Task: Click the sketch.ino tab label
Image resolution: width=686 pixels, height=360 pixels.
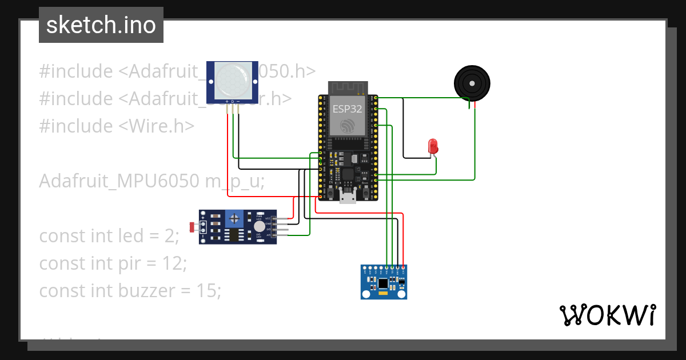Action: [101, 25]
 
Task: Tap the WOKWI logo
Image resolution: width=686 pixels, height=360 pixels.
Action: [607, 315]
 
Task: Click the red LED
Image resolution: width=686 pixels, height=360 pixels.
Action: [433, 146]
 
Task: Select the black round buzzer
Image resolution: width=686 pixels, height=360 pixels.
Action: [472, 83]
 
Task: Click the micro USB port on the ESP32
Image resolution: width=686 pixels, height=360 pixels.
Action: [347, 197]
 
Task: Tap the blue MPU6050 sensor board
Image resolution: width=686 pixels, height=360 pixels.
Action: [384, 282]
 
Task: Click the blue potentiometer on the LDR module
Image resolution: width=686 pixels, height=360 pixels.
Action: [233, 218]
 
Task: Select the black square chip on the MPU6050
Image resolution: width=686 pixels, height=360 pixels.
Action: [382, 282]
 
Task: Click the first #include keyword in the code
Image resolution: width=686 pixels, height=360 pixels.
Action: [76, 71]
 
